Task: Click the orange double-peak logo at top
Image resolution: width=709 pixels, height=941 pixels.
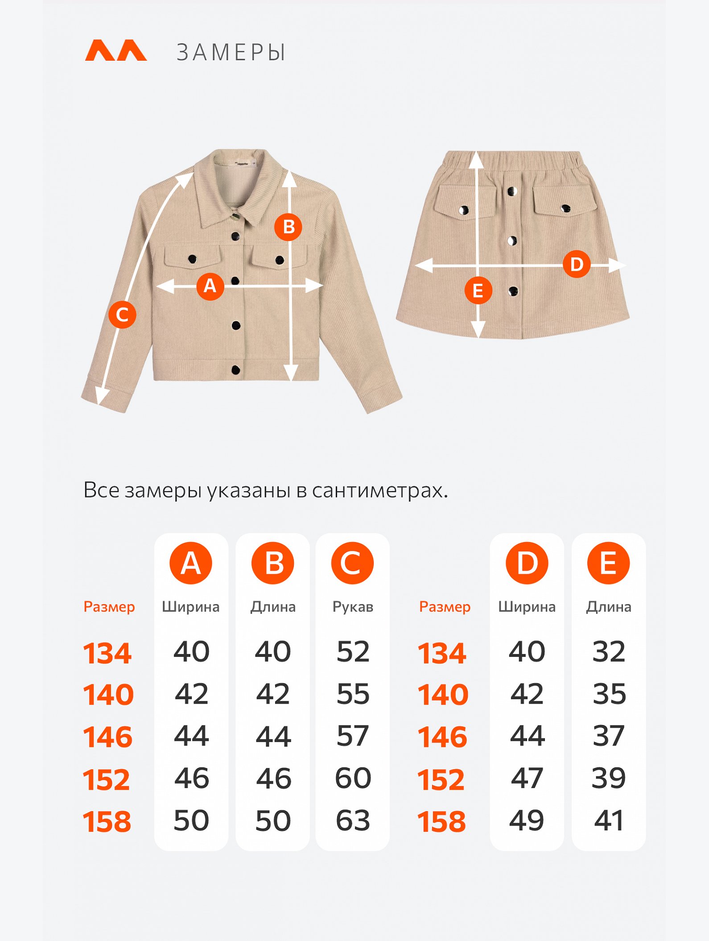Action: pyautogui.click(x=116, y=50)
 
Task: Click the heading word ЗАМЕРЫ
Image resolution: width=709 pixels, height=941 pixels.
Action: pyautogui.click(x=231, y=53)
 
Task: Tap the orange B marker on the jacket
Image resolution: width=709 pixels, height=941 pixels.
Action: pyautogui.click(x=288, y=227)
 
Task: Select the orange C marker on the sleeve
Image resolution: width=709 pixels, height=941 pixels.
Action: pyautogui.click(x=122, y=315)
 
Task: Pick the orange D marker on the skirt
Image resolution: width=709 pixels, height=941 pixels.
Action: pyautogui.click(x=577, y=264)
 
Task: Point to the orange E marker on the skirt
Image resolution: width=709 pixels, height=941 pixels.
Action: pyautogui.click(x=478, y=290)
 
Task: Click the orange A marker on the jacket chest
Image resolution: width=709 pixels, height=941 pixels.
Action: pyautogui.click(x=210, y=286)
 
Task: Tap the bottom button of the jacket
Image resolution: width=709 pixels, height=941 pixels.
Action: pyautogui.click(x=236, y=369)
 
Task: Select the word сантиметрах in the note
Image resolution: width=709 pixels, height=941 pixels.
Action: pyautogui.click(x=379, y=491)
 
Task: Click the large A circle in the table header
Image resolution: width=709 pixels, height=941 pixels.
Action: pyautogui.click(x=191, y=563)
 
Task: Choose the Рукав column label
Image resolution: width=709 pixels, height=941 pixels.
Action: pyautogui.click(x=353, y=607)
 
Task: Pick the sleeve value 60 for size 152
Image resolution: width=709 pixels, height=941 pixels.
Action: pyautogui.click(x=353, y=778)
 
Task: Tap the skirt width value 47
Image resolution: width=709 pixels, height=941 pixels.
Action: pyautogui.click(x=527, y=778)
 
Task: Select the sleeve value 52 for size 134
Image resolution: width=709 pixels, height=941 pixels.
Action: pyautogui.click(x=353, y=651)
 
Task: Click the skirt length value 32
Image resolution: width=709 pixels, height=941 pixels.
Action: pyautogui.click(x=609, y=651)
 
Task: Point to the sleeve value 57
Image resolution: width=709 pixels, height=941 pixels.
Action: pyautogui.click(x=353, y=736)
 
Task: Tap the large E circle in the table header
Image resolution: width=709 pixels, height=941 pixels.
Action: pyautogui.click(x=609, y=563)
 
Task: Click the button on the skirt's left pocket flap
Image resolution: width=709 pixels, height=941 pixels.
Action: pyautogui.click(x=464, y=210)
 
